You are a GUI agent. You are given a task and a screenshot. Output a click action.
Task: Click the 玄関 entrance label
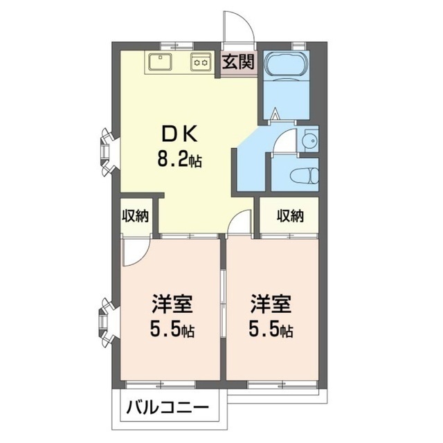[238, 62]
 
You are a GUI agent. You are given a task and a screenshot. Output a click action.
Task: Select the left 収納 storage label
[135, 216]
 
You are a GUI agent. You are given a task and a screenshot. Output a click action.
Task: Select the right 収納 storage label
[291, 216]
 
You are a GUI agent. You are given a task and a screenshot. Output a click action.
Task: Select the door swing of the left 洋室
[133, 253]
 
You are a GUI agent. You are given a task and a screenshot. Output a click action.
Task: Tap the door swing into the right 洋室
[239, 223]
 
